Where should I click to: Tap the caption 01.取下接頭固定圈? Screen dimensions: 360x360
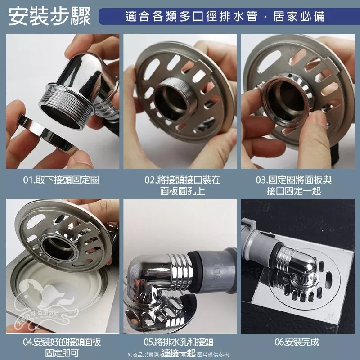point(61,180)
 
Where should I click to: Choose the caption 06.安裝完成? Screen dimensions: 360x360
point(297,342)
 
